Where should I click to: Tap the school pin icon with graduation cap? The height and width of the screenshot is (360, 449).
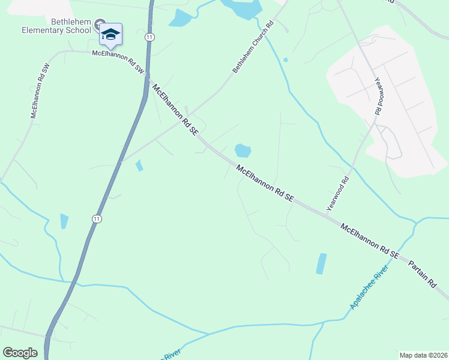110,34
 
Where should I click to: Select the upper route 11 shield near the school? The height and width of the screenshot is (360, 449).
149,37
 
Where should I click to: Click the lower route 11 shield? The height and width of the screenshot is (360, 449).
96,219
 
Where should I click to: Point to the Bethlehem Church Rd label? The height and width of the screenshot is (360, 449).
253,47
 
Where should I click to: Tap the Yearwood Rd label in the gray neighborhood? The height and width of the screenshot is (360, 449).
379,96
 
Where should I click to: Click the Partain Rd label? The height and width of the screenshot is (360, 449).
424,274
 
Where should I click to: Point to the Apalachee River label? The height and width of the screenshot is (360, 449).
369,288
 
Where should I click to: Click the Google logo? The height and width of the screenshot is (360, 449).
20,353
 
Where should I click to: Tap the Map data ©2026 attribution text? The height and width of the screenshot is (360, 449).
423,355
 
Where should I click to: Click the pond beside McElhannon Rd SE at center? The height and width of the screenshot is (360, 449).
242,151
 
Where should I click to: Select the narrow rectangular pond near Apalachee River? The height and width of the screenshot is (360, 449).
321,264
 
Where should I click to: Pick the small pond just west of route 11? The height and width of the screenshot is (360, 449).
64,221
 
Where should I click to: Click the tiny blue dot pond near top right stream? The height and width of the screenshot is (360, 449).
285,59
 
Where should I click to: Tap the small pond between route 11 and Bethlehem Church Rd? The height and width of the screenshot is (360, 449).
139,165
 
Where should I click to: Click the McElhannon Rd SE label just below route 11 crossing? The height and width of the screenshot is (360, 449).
175,109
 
